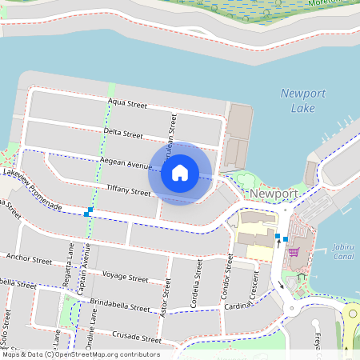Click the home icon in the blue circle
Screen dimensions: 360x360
180,172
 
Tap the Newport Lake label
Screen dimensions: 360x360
303,100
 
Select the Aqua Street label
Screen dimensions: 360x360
127,104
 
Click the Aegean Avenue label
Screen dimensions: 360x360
126,163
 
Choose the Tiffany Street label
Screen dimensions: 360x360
128,190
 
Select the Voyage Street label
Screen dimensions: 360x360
126,278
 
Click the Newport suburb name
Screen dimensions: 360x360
274,194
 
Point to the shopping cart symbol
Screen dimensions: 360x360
294,251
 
